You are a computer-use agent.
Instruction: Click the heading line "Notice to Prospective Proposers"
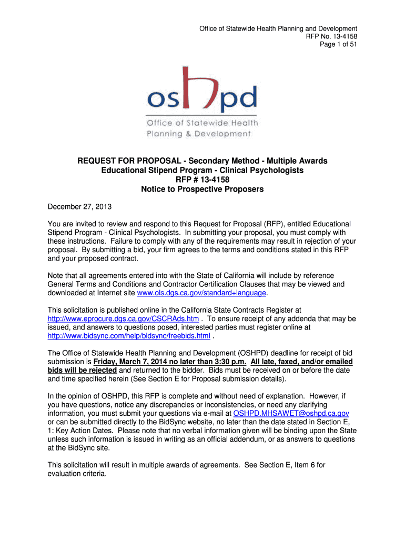click(x=202, y=189)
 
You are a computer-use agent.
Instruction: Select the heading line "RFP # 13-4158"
click(x=202, y=179)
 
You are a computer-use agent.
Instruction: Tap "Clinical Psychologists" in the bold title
click(x=262, y=170)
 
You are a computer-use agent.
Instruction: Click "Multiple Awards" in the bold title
click(x=297, y=161)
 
